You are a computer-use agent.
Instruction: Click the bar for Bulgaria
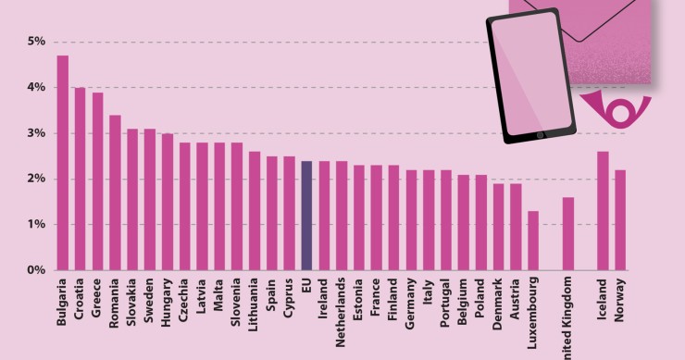(x=62, y=163)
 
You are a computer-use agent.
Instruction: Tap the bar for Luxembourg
(x=533, y=241)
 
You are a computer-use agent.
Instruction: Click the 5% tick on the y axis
(x=37, y=42)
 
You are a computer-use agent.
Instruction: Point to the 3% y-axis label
(x=37, y=133)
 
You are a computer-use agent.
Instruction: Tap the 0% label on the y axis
(x=37, y=270)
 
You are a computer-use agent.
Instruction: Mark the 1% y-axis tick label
(x=37, y=225)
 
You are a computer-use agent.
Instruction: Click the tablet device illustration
(x=530, y=77)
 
